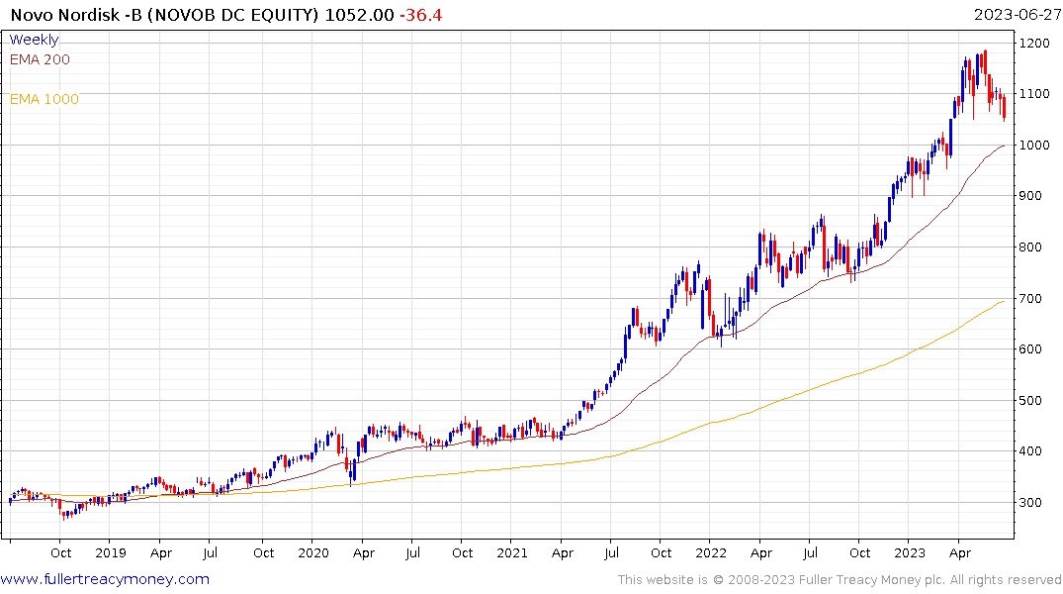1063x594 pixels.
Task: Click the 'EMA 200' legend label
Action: click(40, 59)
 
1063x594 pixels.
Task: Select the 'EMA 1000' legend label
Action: click(44, 99)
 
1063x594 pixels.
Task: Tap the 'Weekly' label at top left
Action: click(34, 40)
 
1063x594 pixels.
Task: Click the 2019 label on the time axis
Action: click(111, 553)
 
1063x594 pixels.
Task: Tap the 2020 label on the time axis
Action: click(312, 553)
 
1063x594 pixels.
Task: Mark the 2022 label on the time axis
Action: click(711, 553)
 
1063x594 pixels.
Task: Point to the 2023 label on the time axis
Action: click(910, 553)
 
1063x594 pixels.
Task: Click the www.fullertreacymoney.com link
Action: click(105, 579)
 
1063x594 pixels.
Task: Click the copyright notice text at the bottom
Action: click(840, 580)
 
